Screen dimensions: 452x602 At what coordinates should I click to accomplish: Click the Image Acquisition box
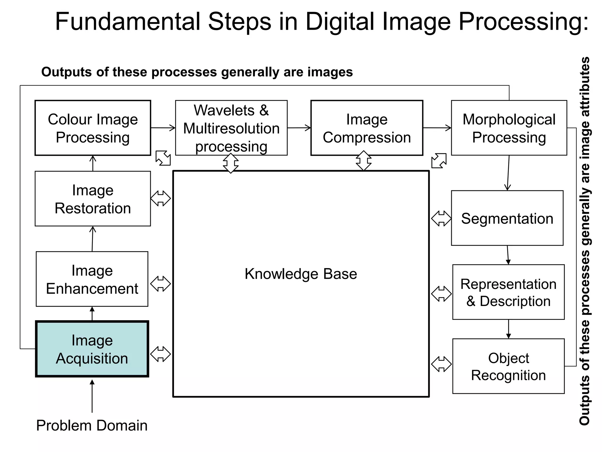point(92,349)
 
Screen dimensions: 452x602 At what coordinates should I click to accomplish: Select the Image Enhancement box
point(92,279)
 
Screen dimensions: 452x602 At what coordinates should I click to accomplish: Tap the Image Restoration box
point(93,199)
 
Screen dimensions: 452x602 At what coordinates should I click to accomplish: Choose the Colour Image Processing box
point(93,128)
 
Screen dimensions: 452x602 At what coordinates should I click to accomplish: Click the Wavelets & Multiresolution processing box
point(231,128)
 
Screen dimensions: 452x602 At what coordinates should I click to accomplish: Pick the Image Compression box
point(367,128)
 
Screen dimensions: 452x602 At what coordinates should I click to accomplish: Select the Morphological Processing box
point(509,128)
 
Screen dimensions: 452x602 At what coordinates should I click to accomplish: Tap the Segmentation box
point(507,218)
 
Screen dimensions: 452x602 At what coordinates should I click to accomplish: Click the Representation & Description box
point(509,292)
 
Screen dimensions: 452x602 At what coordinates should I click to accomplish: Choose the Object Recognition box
point(509,366)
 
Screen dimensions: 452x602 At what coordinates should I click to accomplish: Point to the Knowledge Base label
point(301,274)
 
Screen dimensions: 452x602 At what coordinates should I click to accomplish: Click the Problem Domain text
point(92,425)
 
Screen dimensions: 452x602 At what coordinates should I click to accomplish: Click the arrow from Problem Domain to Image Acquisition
point(92,396)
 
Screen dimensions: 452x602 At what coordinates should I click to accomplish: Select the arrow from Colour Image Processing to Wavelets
point(163,128)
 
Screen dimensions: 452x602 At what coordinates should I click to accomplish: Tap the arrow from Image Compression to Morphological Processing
point(437,128)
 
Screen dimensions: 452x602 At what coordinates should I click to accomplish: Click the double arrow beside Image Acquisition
point(160,354)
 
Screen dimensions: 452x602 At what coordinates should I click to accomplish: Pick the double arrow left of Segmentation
point(441,218)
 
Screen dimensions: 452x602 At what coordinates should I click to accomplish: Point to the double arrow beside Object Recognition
point(441,364)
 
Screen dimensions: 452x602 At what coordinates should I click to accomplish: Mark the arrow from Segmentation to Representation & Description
point(508,255)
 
